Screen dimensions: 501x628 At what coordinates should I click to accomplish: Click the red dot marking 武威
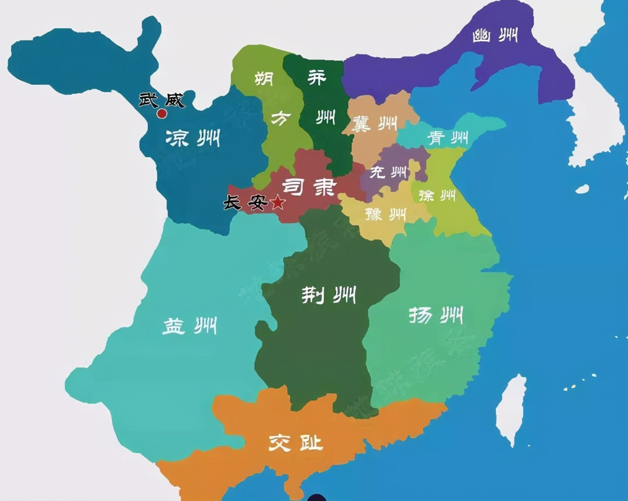click(x=161, y=114)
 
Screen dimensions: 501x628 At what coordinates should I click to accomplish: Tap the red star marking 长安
click(x=278, y=201)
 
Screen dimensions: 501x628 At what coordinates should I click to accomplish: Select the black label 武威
click(x=161, y=100)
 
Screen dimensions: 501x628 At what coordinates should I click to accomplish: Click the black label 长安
click(x=245, y=202)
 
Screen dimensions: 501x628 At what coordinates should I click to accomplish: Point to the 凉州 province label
click(x=192, y=138)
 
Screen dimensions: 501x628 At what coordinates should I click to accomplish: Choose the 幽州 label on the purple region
click(x=495, y=35)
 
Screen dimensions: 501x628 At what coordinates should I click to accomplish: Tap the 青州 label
click(x=448, y=138)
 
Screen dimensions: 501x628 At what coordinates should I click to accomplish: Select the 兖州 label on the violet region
click(x=388, y=172)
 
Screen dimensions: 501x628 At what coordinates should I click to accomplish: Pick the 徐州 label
click(x=437, y=196)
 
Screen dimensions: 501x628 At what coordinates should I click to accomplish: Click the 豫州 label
click(x=386, y=214)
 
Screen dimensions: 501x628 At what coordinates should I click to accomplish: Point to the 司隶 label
click(x=309, y=186)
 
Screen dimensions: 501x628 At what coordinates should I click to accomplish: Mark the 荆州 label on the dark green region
click(x=328, y=295)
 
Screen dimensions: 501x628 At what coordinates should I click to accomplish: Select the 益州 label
click(x=189, y=326)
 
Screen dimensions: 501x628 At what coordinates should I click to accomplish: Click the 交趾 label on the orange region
click(x=296, y=443)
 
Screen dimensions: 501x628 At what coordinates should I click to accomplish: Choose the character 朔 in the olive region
click(x=264, y=78)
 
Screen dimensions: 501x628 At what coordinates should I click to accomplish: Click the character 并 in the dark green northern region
click(x=316, y=77)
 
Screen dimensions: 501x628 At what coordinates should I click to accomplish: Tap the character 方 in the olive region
click(x=281, y=118)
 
